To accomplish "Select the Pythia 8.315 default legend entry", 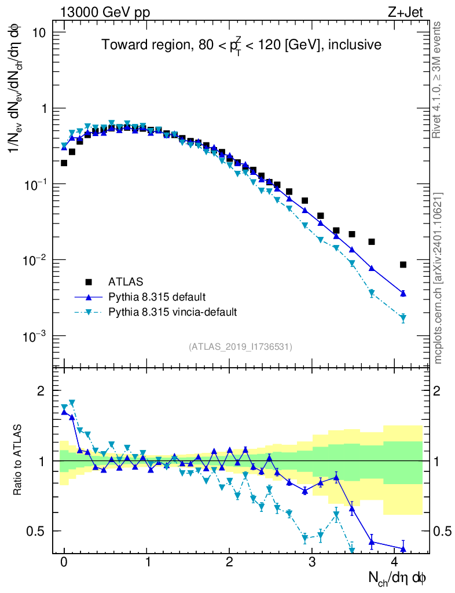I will point(156,297).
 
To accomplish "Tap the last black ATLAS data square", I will point(403,265).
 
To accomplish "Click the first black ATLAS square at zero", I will point(64,163).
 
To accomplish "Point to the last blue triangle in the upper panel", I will point(403,294).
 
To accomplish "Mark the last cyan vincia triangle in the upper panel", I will point(403,318).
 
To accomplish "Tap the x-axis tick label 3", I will point(312,562).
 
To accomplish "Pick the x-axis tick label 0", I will point(64,562).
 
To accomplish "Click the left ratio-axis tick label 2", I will point(41,391).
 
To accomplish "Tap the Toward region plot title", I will point(241,45).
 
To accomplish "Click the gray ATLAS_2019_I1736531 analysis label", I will point(240,347).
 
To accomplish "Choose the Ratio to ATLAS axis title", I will point(18,460).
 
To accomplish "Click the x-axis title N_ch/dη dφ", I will point(398,577).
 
